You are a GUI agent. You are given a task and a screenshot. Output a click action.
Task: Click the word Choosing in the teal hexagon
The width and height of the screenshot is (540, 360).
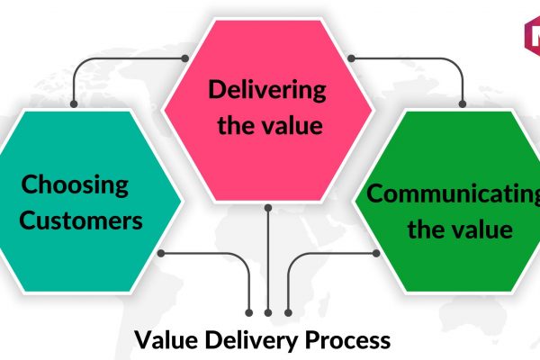coord(76,187)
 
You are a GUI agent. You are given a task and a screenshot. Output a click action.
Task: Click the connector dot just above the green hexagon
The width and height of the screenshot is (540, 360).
coord(463,105)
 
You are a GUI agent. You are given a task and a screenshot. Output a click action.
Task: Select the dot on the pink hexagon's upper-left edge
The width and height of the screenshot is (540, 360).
coord(185,59)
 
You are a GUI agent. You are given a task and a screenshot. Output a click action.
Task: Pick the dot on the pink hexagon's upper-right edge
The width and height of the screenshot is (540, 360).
coord(350,59)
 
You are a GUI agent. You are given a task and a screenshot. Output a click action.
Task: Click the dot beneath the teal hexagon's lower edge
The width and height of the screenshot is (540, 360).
coord(160,252)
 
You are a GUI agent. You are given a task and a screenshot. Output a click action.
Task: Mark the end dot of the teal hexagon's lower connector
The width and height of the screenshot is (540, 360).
coord(250,311)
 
